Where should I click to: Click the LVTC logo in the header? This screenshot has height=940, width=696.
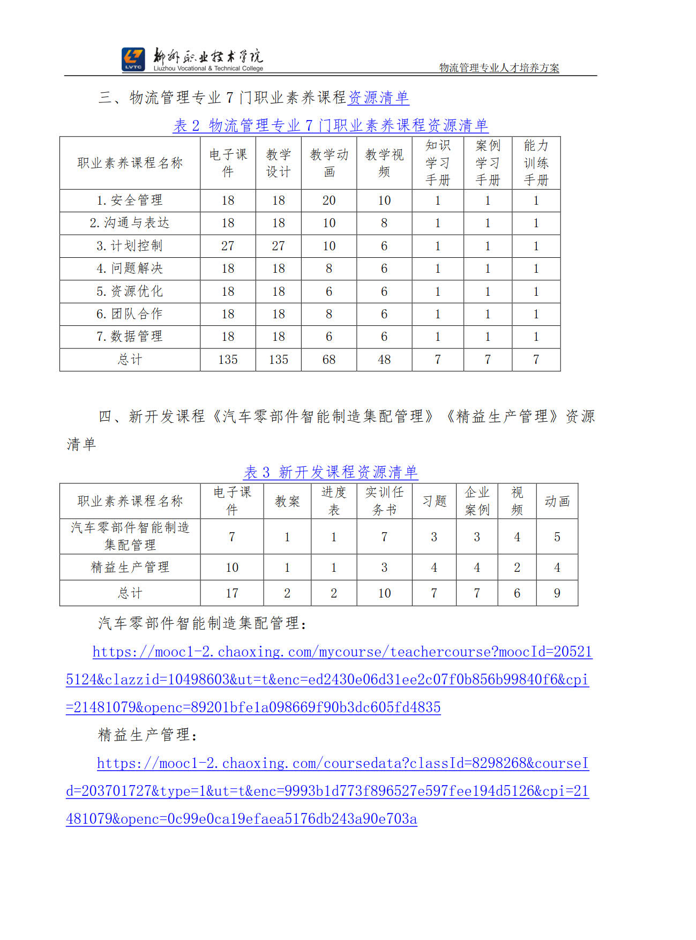pyautogui.click(x=133, y=59)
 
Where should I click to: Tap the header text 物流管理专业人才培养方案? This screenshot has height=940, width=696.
pyautogui.click(x=499, y=68)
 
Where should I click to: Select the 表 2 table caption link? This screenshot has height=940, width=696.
pyautogui.click(x=330, y=125)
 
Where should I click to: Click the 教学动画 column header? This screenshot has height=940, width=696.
pyautogui.click(x=329, y=163)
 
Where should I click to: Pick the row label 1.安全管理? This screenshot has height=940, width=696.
pyautogui.click(x=130, y=200)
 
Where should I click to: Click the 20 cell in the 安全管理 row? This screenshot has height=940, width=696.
pyautogui.click(x=329, y=200)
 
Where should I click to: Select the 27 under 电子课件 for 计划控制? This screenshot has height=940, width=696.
pyautogui.click(x=228, y=246)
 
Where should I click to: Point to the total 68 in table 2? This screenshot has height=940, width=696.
pyautogui.click(x=329, y=360)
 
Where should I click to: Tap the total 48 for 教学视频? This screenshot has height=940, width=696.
pyautogui.click(x=384, y=360)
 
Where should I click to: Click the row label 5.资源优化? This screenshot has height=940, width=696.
pyautogui.click(x=130, y=292)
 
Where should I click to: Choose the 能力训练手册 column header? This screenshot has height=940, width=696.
pyautogui.click(x=536, y=163)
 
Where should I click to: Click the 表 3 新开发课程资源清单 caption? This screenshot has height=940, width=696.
pyautogui.click(x=331, y=472)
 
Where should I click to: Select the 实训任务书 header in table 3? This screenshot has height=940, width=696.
pyautogui.click(x=384, y=501)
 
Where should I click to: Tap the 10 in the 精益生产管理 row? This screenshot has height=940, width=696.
pyautogui.click(x=232, y=568)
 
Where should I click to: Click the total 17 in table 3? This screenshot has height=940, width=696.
pyautogui.click(x=232, y=593)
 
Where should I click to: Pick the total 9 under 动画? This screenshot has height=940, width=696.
pyautogui.click(x=557, y=593)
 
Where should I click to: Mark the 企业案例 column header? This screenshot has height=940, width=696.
pyautogui.click(x=477, y=501)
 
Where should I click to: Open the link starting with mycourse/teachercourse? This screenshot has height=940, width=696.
pyautogui.click(x=342, y=652)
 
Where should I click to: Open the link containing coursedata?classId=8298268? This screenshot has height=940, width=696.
pyautogui.click(x=343, y=764)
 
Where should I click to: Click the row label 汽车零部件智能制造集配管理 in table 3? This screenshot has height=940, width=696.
pyautogui.click(x=130, y=536)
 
